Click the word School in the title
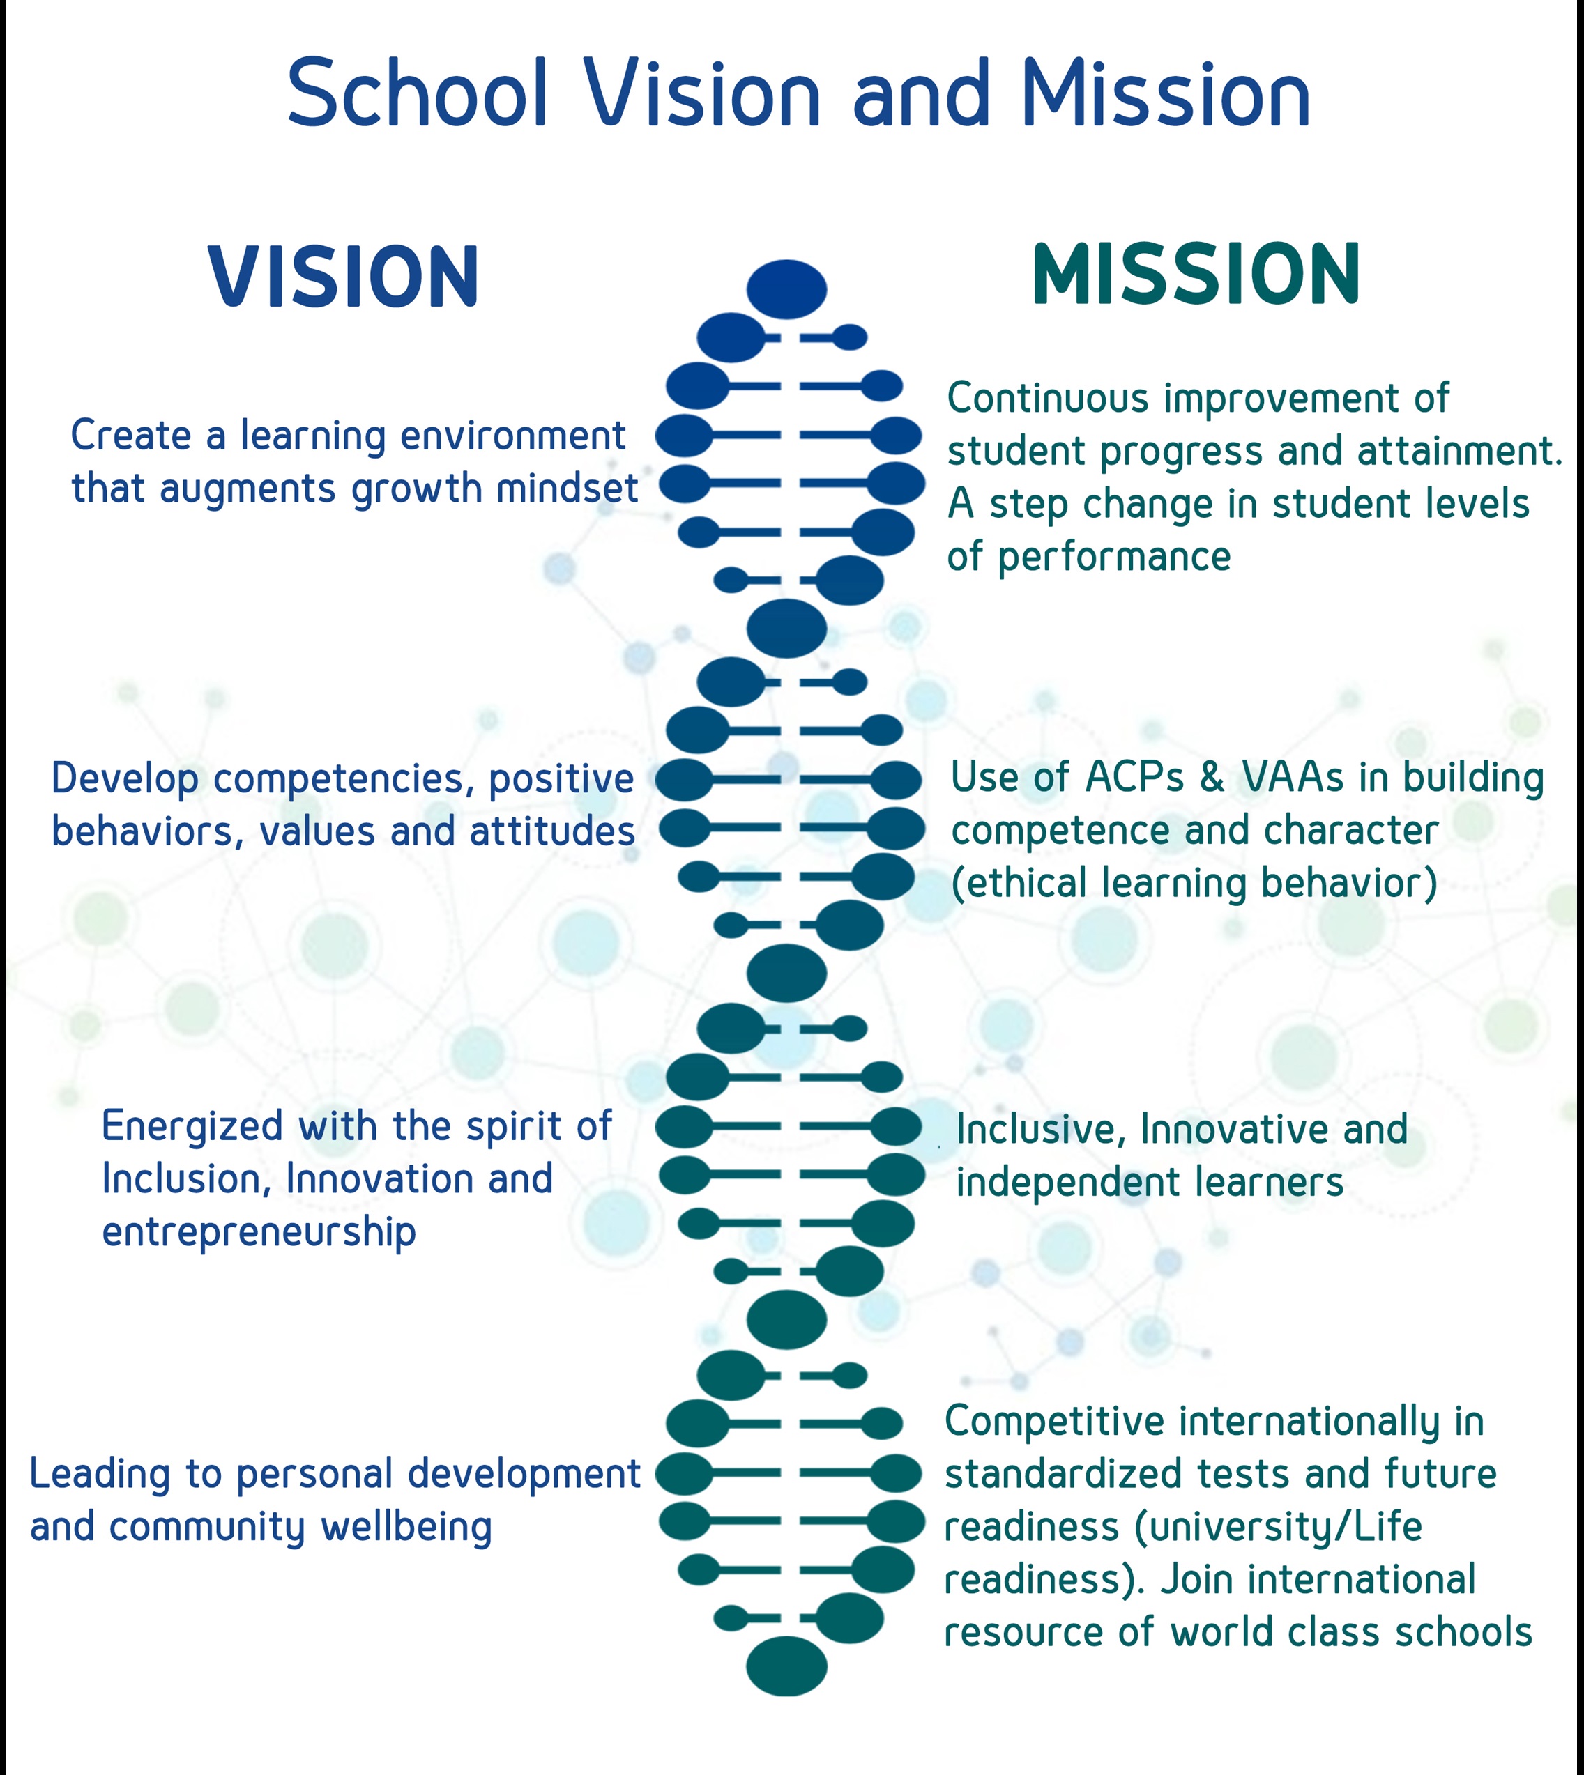pyautogui.click(x=418, y=93)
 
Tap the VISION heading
pyautogui.click(x=344, y=277)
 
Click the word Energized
pyautogui.click(x=195, y=1128)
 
